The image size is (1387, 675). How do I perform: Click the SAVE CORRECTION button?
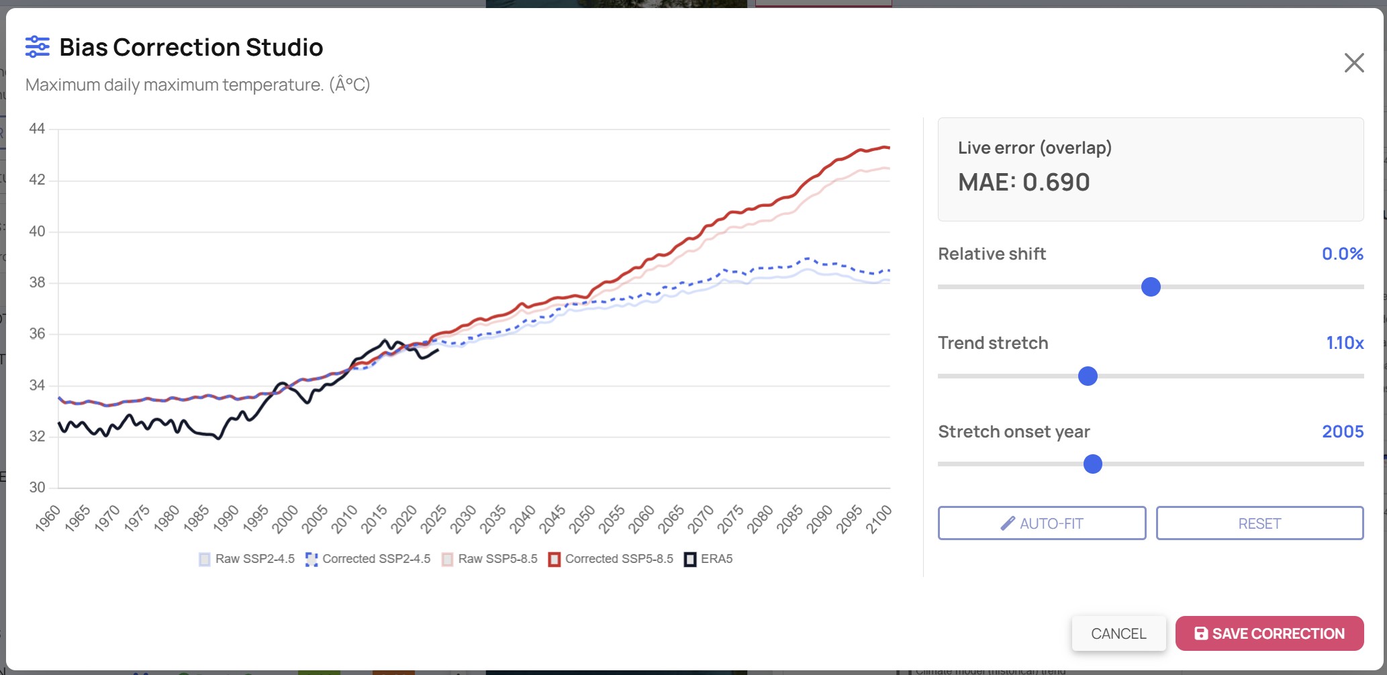pos(1270,633)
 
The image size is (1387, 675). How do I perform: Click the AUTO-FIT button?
pos(1042,523)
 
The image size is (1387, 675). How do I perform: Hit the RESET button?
pos(1259,523)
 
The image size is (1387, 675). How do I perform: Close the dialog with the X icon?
pos(1354,62)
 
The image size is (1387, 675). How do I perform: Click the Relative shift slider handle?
pos(1151,287)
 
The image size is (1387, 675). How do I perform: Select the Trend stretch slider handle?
pos(1088,376)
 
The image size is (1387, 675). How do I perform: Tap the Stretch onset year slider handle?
pos(1093,464)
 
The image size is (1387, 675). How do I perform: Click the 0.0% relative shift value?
pos(1343,254)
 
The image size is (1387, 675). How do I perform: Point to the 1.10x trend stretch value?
pos(1345,343)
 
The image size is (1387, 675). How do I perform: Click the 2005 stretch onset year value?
pos(1343,431)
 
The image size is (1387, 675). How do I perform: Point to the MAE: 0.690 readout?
pos(1024,182)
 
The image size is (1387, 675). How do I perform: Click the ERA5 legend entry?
pos(708,559)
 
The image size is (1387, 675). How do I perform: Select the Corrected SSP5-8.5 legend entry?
pos(611,559)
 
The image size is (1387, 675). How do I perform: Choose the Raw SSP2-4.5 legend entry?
pos(246,559)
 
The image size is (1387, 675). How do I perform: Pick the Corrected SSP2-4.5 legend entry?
pos(368,559)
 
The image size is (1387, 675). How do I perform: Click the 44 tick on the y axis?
pos(37,128)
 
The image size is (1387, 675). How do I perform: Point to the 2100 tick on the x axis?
pos(879,519)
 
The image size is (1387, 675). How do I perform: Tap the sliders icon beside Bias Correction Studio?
pos(38,47)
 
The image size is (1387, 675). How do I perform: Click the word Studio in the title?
pos(285,48)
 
